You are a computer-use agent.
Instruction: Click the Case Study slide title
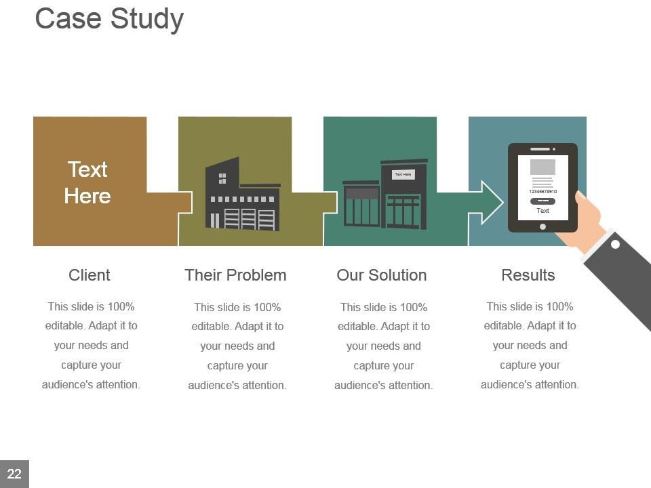[x=109, y=19]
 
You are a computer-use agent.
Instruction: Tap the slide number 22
[x=14, y=474]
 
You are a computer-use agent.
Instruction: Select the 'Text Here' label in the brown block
[x=87, y=182]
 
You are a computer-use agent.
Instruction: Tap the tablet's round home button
[x=542, y=226]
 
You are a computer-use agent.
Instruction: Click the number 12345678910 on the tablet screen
[x=542, y=192]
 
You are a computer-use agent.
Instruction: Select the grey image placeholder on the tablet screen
[x=542, y=167]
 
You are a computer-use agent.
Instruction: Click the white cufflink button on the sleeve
[x=615, y=245]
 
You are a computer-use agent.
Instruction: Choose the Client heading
[x=89, y=275]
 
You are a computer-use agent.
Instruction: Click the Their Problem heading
[x=235, y=275]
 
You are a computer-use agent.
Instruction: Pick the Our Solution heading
[x=382, y=275]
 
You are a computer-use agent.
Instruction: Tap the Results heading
[x=528, y=275]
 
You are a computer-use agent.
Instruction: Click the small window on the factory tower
[x=222, y=178]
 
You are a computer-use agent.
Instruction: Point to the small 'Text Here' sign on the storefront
[x=403, y=175]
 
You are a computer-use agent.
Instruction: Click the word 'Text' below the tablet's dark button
[x=542, y=211]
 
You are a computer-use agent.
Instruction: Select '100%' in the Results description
[x=558, y=306]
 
